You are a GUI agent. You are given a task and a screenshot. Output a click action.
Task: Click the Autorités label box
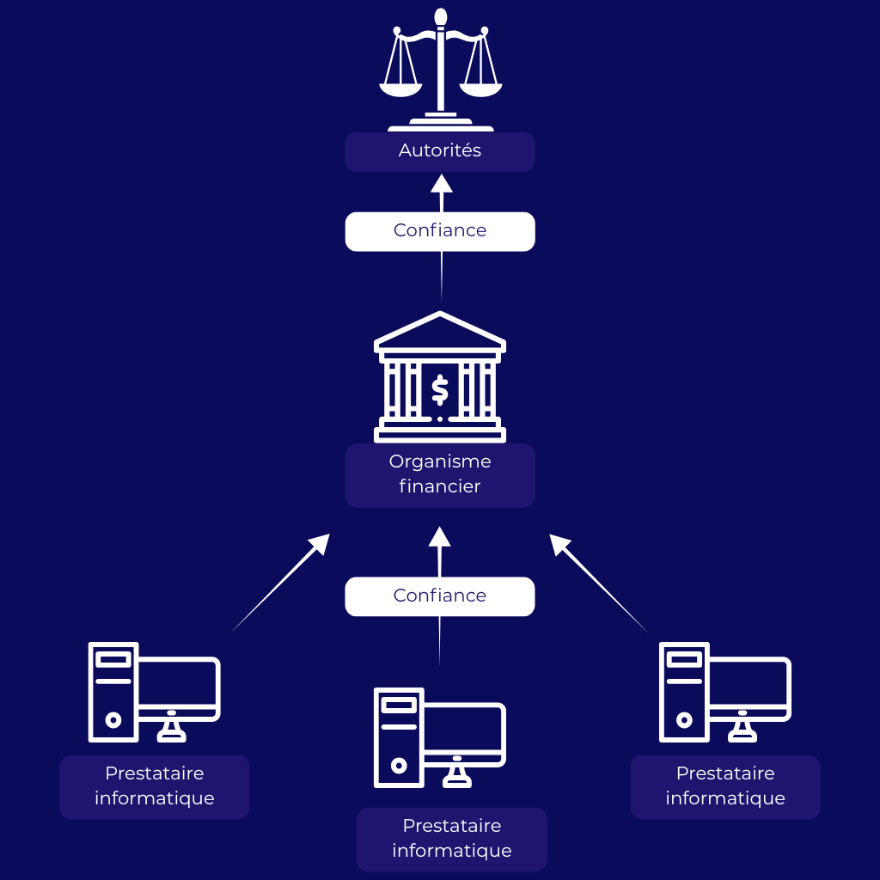[440, 151]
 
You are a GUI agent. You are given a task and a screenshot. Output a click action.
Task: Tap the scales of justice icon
[440, 69]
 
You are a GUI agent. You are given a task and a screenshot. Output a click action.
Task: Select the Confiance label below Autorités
[440, 231]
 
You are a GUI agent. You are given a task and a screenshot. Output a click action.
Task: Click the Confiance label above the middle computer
[440, 596]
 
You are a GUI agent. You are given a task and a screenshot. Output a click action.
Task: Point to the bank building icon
[440, 378]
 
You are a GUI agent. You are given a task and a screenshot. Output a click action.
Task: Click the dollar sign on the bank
[440, 389]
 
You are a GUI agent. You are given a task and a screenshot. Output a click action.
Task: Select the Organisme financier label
[440, 474]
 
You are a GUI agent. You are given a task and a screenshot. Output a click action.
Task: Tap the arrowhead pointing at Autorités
[441, 184]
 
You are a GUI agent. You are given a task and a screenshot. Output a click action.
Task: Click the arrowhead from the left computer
[319, 544]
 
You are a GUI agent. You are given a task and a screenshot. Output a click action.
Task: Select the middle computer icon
[440, 737]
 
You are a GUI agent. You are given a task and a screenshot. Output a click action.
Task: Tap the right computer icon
[725, 692]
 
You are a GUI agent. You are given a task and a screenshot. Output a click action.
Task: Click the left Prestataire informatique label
[155, 786]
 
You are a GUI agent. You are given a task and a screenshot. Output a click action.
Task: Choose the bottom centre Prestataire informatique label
[452, 839]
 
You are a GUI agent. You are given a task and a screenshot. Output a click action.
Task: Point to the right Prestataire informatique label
[725, 786]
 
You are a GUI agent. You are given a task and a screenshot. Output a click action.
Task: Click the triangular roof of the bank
[440, 331]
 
